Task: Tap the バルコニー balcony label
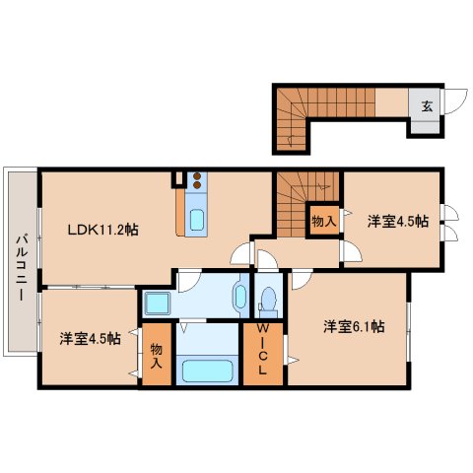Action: [x=20, y=260]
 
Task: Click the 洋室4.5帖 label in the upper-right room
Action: [x=398, y=221]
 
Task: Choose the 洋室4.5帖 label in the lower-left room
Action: [x=90, y=338]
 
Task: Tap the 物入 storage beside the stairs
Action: [x=323, y=221]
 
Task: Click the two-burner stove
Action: [x=196, y=180]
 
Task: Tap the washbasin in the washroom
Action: [x=239, y=295]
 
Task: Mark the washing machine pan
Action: [x=155, y=302]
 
